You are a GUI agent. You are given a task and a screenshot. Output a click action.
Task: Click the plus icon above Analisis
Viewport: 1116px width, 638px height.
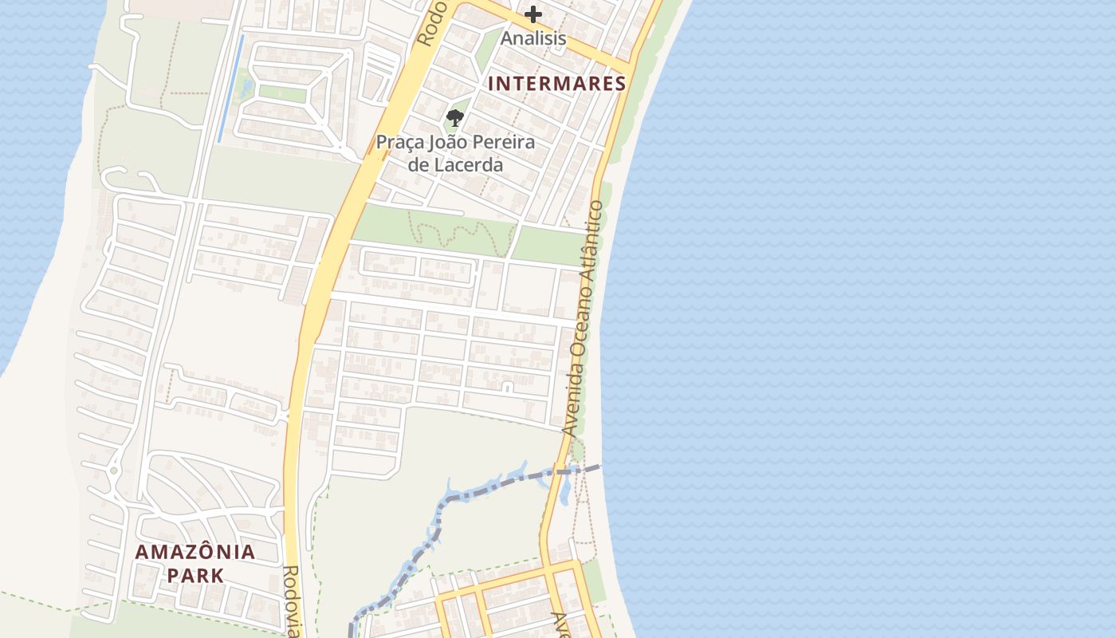(x=532, y=14)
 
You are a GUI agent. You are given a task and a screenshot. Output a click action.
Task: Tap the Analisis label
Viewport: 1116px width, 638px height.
(x=533, y=37)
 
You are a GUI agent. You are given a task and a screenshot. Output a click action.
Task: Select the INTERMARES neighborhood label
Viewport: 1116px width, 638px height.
(x=556, y=83)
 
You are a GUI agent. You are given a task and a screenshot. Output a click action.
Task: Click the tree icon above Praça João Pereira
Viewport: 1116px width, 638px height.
(x=454, y=119)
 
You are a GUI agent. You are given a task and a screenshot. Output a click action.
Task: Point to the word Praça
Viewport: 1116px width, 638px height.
(x=400, y=144)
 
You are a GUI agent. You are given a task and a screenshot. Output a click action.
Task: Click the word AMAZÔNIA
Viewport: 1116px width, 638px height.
(x=195, y=552)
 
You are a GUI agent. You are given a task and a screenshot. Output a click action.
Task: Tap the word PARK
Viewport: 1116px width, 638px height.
(x=195, y=574)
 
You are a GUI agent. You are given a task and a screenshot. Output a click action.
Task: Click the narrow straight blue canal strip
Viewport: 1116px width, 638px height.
(x=231, y=89)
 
